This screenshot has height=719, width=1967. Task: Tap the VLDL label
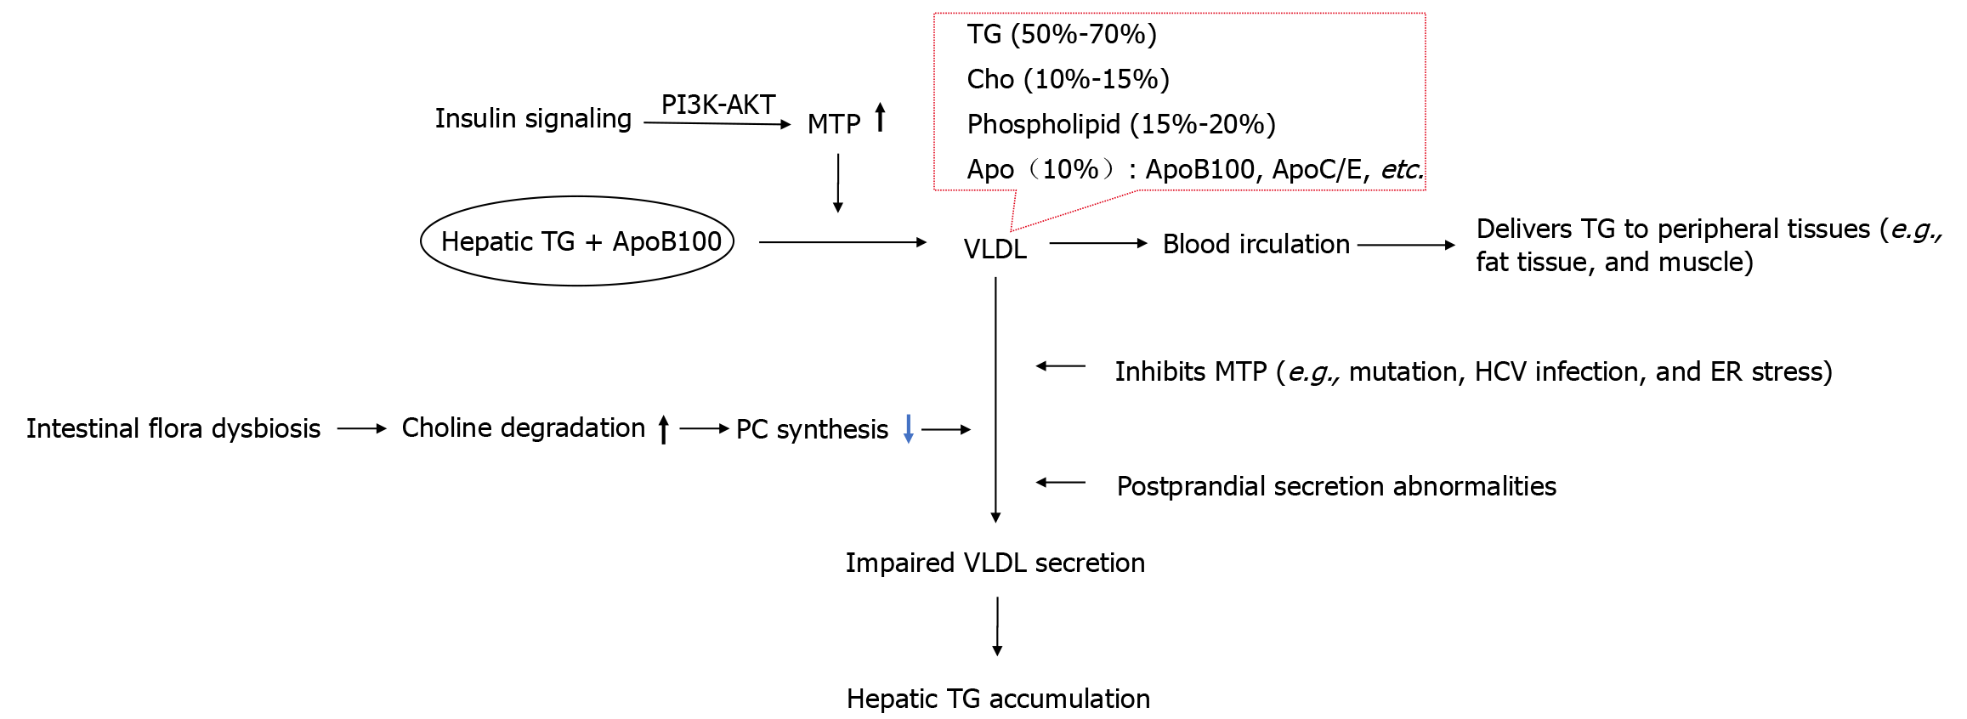(995, 249)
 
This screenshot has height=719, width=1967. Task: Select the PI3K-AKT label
(718, 105)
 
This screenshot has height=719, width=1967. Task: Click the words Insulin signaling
(533, 118)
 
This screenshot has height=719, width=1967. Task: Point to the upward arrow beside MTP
(881, 118)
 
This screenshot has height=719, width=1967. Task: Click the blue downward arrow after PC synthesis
(908, 429)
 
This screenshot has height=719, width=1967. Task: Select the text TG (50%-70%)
(1062, 34)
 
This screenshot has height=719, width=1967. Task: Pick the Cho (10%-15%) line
(1068, 79)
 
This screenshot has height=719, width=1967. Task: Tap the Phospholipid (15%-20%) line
(1121, 124)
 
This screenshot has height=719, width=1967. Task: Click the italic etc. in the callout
(1401, 169)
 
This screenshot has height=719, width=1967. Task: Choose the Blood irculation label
(1256, 244)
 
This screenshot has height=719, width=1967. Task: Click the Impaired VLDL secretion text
(995, 563)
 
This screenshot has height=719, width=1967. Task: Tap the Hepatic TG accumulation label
(998, 699)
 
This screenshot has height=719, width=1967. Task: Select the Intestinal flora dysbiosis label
(173, 428)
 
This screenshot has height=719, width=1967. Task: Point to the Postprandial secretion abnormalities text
(1336, 486)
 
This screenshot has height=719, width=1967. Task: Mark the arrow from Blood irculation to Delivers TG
(1407, 245)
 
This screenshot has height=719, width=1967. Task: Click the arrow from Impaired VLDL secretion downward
(997, 626)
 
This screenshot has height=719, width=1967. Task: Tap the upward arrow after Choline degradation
(663, 429)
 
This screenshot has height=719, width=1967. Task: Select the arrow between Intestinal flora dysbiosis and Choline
(361, 429)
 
